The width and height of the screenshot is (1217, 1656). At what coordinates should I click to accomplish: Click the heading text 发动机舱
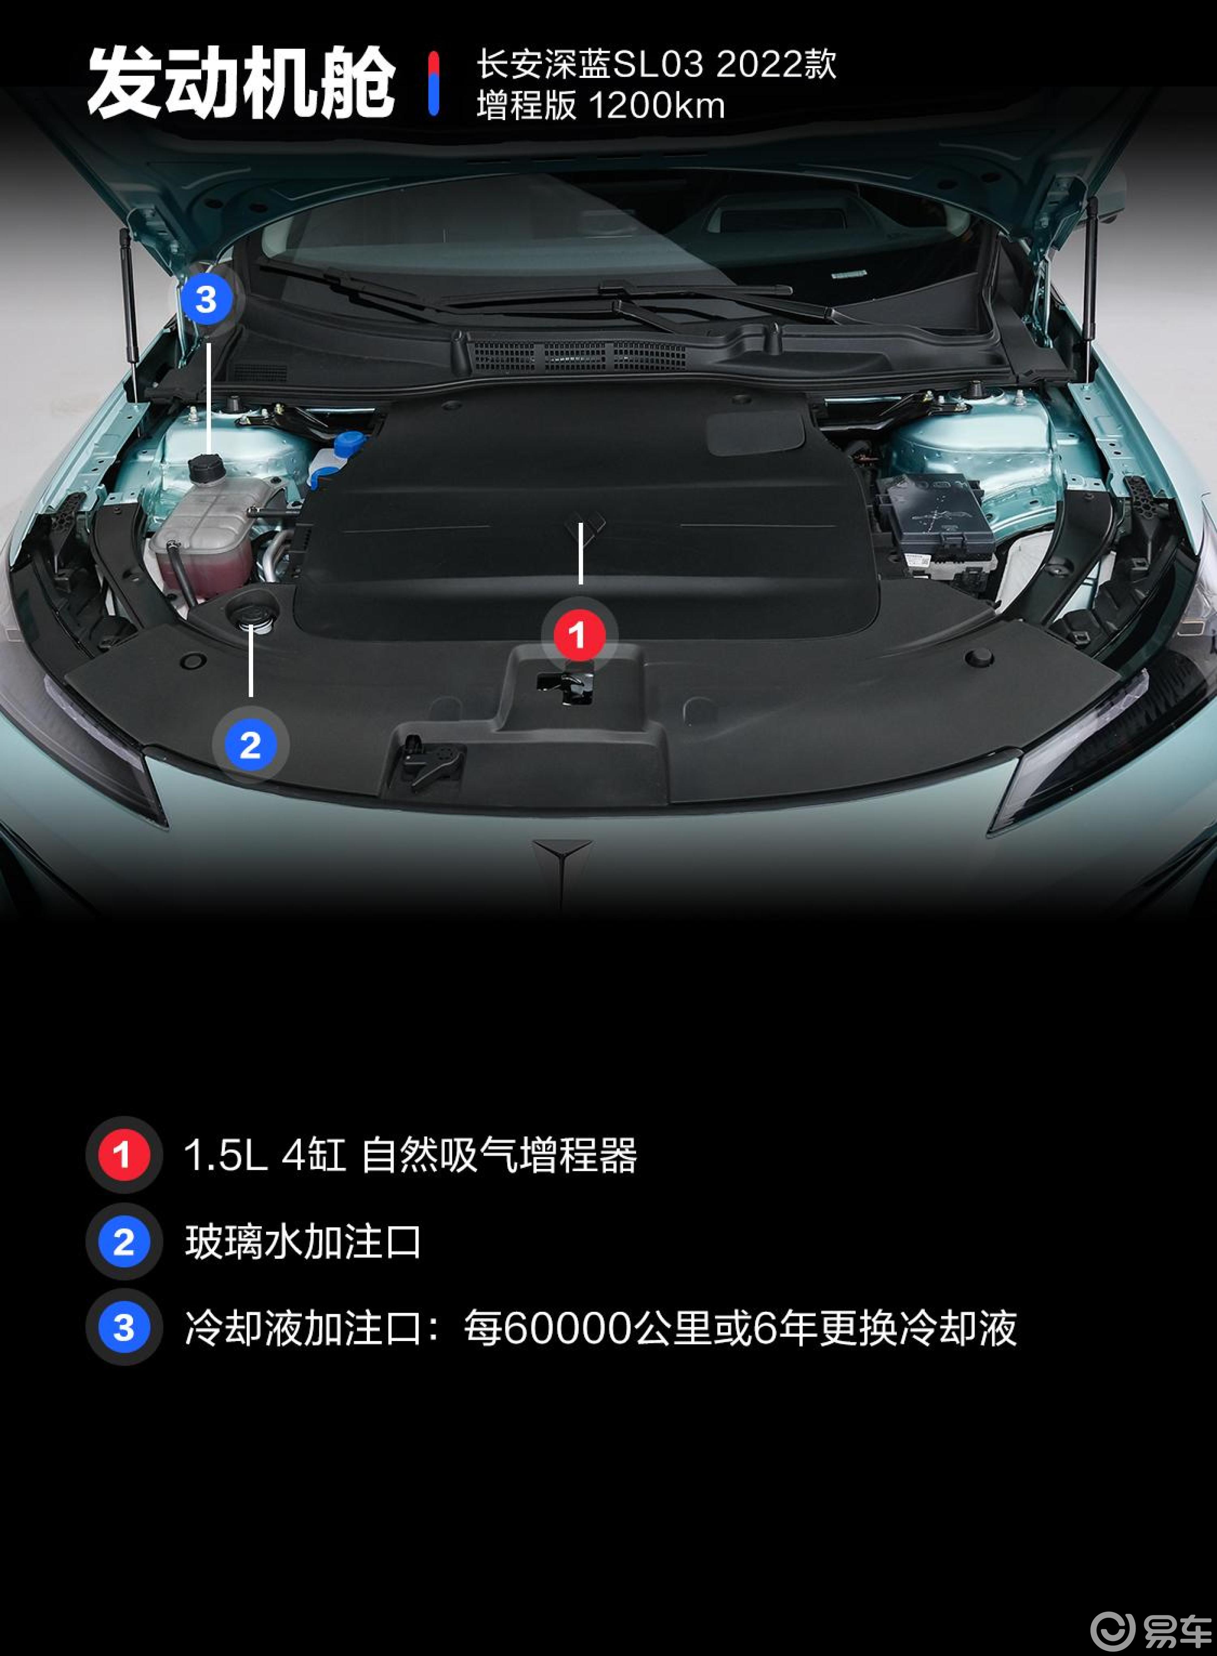(241, 82)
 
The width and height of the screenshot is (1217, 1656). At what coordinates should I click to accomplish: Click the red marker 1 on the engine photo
(578, 634)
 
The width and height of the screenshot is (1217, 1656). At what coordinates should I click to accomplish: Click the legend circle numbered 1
(123, 1155)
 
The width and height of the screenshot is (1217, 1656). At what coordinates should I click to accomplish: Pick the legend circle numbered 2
(123, 1242)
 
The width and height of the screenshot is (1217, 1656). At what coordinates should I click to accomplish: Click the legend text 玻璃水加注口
(303, 1242)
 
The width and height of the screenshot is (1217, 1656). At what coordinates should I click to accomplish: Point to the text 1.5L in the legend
(225, 1155)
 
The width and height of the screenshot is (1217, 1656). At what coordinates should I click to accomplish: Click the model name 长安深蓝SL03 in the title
(589, 65)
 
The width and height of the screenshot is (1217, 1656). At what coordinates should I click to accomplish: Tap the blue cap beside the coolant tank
(349, 443)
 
